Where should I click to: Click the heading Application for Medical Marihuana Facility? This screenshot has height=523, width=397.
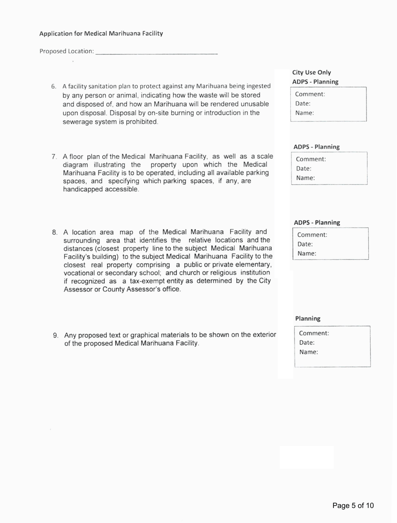pyautogui.click(x=101, y=33)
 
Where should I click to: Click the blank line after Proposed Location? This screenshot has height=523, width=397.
pyautogui.click(x=156, y=52)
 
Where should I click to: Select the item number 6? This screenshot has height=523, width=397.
pyautogui.click(x=53, y=87)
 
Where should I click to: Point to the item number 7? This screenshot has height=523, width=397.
pyautogui.click(x=54, y=156)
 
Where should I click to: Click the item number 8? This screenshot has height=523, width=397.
pyautogui.click(x=54, y=232)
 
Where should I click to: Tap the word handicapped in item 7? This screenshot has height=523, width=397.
pyautogui.click(x=82, y=190)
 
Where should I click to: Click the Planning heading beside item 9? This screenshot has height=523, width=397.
pyautogui.click(x=308, y=318)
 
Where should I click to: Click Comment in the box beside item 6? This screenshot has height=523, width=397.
pyautogui.click(x=310, y=95)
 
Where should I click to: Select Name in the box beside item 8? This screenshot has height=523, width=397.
pyautogui.click(x=307, y=254)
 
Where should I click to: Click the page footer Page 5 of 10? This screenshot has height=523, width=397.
pyautogui.click(x=353, y=505)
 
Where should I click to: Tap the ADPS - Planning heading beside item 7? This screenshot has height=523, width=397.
pyautogui.click(x=316, y=147)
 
